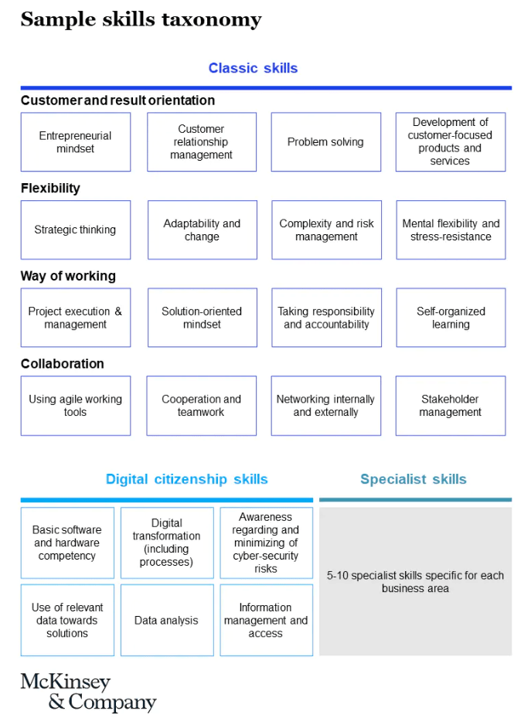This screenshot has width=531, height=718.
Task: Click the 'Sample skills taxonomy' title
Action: coord(141,19)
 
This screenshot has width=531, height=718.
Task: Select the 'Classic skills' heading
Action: coord(254,68)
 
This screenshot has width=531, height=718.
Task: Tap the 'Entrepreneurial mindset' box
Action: coord(76,142)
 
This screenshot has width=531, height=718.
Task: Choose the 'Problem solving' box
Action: coord(326,142)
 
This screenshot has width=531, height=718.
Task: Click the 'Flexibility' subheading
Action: coord(50,189)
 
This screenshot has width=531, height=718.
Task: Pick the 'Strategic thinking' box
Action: coord(76,230)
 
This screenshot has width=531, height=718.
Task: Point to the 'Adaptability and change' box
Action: coord(203,230)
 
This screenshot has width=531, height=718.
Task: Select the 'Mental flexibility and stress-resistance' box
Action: coord(451,230)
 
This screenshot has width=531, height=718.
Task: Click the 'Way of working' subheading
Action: coord(68,276)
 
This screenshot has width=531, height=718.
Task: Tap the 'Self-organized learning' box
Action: coord(451,318)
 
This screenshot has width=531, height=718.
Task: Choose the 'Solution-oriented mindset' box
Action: coord(203,318)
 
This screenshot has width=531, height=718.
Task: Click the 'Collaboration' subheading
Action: coord(63,363)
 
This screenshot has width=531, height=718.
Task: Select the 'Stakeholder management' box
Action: coord(451,406)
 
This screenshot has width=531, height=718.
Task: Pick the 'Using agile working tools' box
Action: coord(76,406)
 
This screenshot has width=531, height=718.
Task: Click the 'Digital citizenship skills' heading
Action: coord(187,479)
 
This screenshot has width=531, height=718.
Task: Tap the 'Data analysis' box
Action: coord(167,620)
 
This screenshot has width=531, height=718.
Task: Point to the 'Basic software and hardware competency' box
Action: coord(67,543)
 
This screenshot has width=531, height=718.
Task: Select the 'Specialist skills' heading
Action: coord(414,479)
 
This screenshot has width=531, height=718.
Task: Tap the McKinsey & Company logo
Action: coord(88,692)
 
